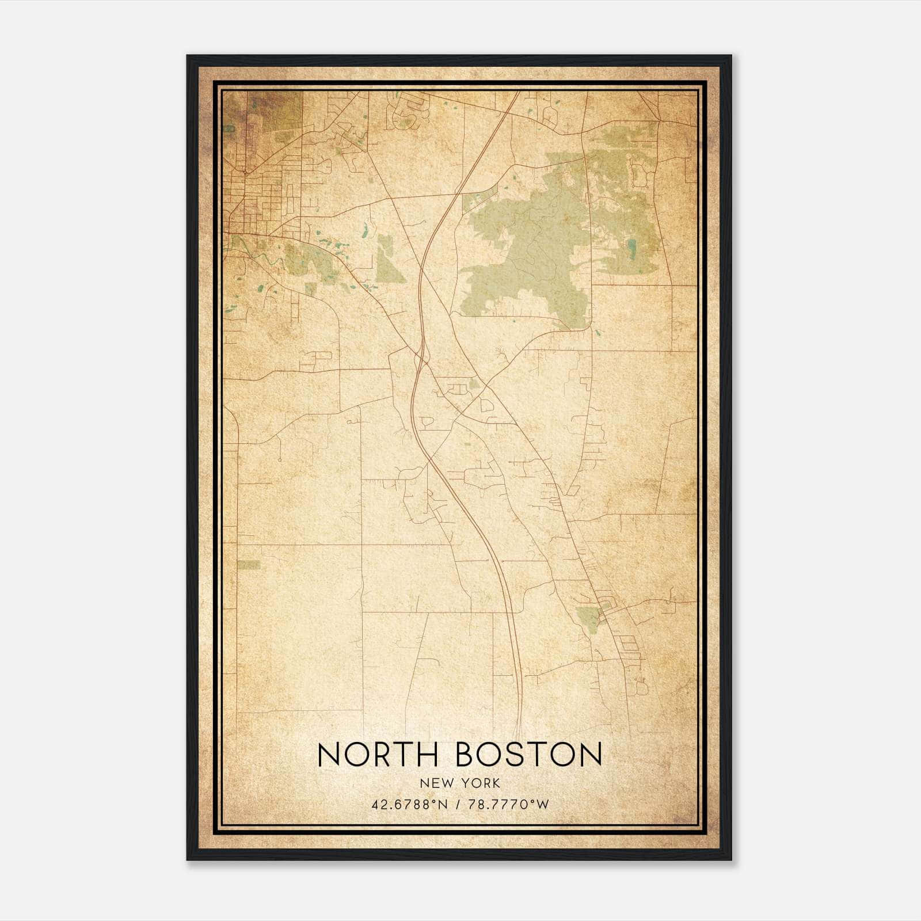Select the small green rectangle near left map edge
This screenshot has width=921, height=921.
pyautogui.click(x=249, y=565)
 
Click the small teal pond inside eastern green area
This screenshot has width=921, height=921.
pyautogui.click(x=632, y=248)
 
